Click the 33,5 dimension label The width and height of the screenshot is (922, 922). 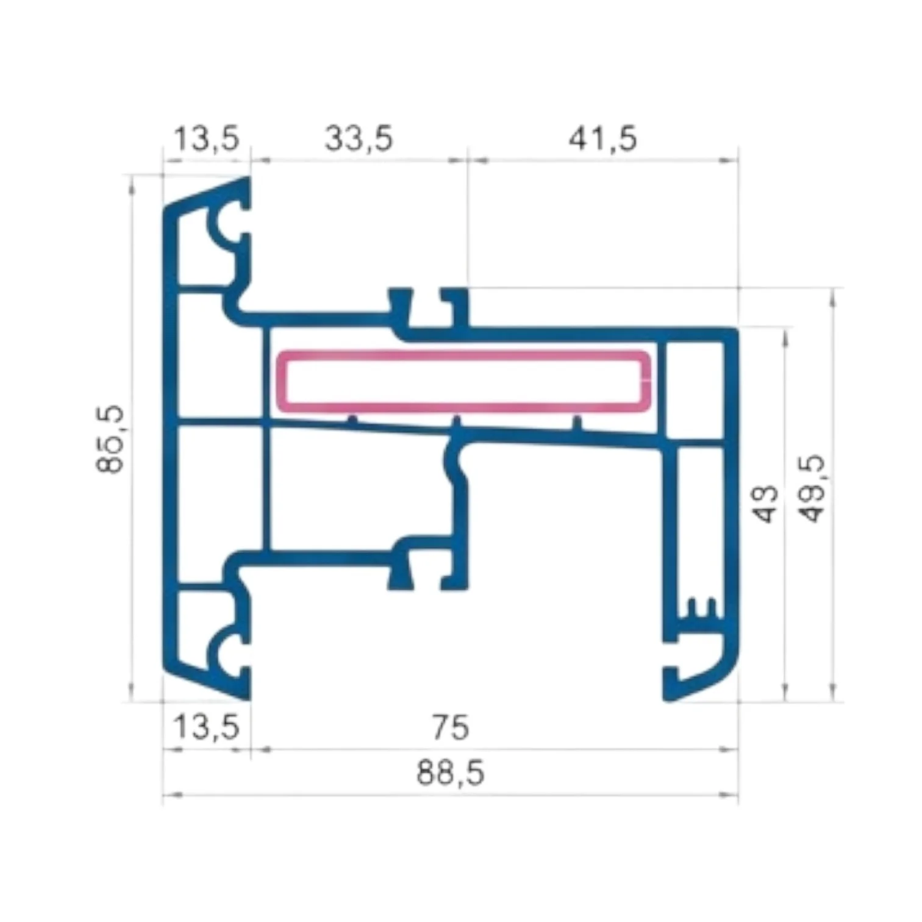pos(359,138)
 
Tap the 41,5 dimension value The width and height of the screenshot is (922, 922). pos(602,138)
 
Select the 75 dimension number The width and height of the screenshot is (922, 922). pos(451,727)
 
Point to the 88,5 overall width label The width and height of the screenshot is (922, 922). pos(451,773)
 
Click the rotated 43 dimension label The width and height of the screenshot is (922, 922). pos(767,504)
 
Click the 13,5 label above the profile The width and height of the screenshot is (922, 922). pos(207,138)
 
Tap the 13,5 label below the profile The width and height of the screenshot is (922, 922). pos(207,727)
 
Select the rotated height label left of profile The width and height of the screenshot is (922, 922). pos(110,439)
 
